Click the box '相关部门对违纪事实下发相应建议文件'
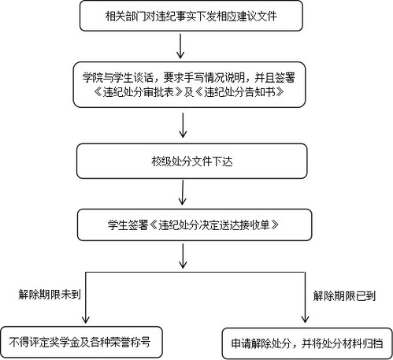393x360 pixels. (x=191, y=16)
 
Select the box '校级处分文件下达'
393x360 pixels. (x=192, y=161)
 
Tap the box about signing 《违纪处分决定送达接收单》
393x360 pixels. (x=195, y=225)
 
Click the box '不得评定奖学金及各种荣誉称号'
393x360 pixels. (x=81, y=342)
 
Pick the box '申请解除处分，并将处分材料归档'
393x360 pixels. (x=307, y=343)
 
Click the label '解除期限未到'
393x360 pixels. (x=50, y=295)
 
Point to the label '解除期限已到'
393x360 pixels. (x=344, y=296)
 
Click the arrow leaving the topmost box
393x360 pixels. (x=180, y=46)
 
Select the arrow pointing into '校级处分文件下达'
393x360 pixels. (x=183, y=125)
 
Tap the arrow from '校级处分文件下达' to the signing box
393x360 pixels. (x=183, y=192)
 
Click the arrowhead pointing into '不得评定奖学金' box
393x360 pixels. (x=86, y=320)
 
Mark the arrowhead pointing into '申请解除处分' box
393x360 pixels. (x=305, y=319)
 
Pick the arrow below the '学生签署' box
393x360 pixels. (x=183, y=256)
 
